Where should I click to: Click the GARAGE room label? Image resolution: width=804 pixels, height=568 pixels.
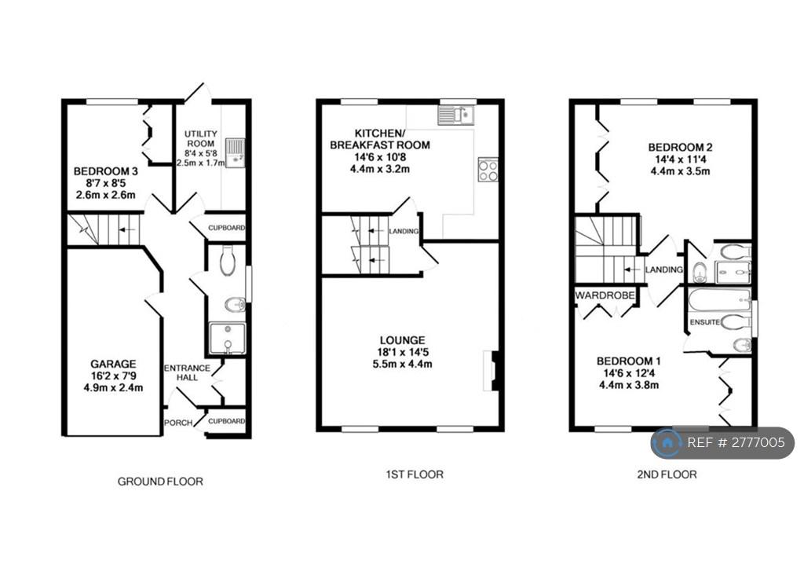[x=113, y=364]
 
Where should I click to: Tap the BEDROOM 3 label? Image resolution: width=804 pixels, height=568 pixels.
[x=106, y=170]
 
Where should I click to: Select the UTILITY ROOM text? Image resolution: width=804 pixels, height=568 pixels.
[x=200, y=138]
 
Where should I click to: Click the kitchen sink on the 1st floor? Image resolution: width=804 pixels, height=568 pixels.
[x=456, y=115]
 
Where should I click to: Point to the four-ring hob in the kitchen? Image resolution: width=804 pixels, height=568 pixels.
[x=488, y=170]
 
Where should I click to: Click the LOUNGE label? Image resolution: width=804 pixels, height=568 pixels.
[x=403, y=340]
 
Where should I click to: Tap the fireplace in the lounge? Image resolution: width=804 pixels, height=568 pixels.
[x=491, y=371]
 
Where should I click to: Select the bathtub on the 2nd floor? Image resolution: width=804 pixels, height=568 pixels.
[x=720, y=299]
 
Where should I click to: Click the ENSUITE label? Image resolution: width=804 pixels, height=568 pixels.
[x=704, y=322]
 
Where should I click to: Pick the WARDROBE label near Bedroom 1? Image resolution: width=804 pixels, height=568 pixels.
[x=605, y=295]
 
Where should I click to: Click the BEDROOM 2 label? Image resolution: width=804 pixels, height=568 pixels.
[x=680, y=147]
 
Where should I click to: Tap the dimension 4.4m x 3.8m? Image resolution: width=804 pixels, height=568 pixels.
[x=629, y=385]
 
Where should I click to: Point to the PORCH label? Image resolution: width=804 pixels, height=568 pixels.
[x=178, y=423]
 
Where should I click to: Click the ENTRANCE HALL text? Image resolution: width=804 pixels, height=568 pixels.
[x=187, y=372]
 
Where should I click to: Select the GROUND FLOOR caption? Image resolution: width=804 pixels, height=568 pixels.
[x=160, y=482]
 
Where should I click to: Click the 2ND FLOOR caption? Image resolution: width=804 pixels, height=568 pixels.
[x=667, y=474]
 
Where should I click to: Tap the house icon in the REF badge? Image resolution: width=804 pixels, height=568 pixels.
[x=667, y=443]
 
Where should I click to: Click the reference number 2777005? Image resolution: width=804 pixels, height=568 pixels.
[x=758, y=442]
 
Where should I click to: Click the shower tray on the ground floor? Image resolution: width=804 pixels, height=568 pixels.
[x=227, y=338]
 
